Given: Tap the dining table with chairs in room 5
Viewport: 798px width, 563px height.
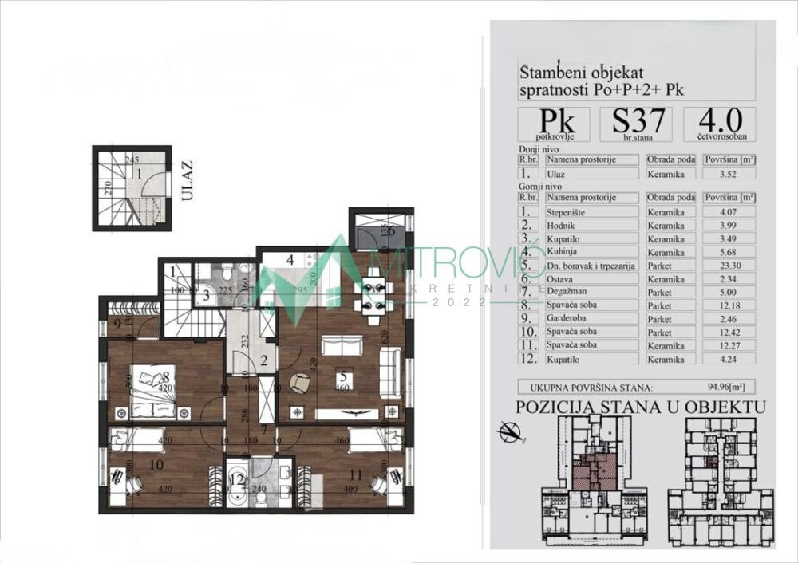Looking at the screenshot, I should pos(373,289).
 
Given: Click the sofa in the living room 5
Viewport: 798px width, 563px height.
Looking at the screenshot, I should pos(342,345).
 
